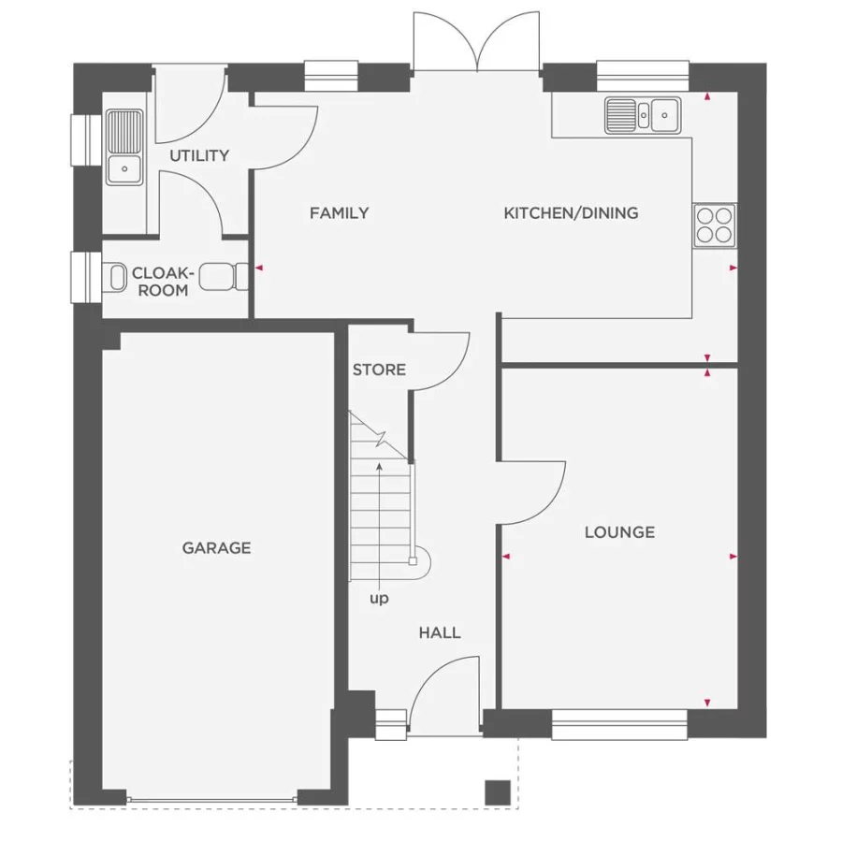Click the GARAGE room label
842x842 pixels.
[216, 548]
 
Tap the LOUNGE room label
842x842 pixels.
[619, 532]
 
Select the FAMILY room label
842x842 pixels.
[339, 213]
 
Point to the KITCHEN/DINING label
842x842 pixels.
[571, 213]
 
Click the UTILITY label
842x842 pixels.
[198, 156]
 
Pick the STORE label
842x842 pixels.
[379, 370]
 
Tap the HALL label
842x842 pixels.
[439, 633]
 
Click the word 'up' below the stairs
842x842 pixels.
[379, 599]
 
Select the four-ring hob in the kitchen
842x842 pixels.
[715, 225]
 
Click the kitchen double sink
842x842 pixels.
[643, 115]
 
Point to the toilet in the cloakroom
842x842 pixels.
[115, 277]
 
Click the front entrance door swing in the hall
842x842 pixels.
[444, 688]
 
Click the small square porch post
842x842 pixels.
[498, 791]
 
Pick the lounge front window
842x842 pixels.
[619, 724]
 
